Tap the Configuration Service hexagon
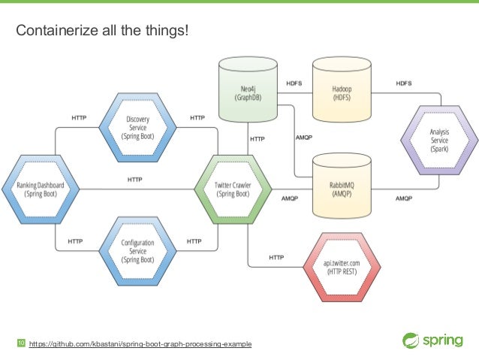tap(137, 250)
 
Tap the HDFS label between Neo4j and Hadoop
tap(294, 83)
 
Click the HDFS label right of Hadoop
tap(403, 83)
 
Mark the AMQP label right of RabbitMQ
tap(403, 198)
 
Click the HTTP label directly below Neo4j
tap(257, 139)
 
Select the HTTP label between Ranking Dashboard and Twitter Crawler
tap(135, 180)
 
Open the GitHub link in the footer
tap(140, 344)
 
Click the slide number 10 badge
tap(21, 343)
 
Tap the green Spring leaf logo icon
tap(412, 339)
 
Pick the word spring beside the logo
tap(444, 339)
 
